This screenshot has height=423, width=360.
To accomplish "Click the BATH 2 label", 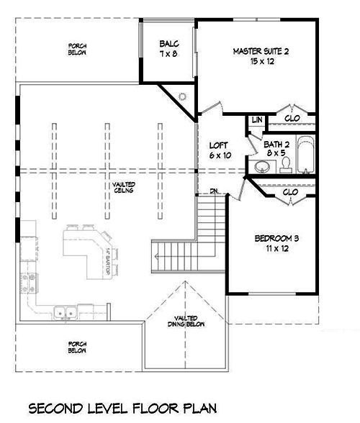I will click(x=276, y=147).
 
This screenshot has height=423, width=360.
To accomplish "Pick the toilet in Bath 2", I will click(x=286, y=165).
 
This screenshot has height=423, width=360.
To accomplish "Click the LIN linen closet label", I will click(x=255, y=120).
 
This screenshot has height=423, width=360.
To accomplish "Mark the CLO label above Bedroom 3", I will click(x=291, y=192).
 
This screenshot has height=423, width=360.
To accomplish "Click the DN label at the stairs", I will click(x=214, y=191).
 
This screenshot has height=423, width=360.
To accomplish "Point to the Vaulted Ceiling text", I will click(x=124, y=188).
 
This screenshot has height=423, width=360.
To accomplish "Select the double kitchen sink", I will click(x=68, y=312).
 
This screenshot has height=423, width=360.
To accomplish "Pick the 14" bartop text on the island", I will click(x=105, y=256).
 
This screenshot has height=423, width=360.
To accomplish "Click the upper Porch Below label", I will click(x=78, y=49).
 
